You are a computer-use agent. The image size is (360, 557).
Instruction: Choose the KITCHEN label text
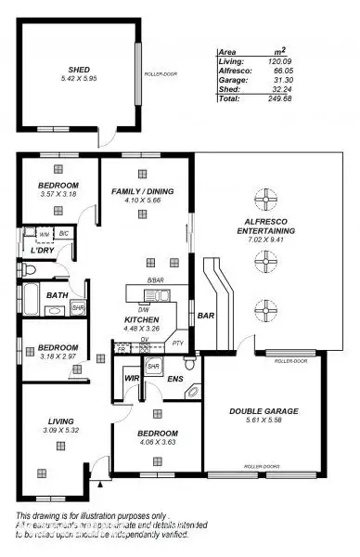(x=141, y=319)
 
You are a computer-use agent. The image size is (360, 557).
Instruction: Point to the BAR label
(x=205, y=317)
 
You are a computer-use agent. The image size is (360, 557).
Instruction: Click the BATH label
(x=57, y=296)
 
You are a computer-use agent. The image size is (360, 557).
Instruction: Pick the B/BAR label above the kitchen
(x=155, y=279)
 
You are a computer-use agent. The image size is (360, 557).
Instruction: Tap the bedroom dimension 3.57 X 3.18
(x=58, y=195)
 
